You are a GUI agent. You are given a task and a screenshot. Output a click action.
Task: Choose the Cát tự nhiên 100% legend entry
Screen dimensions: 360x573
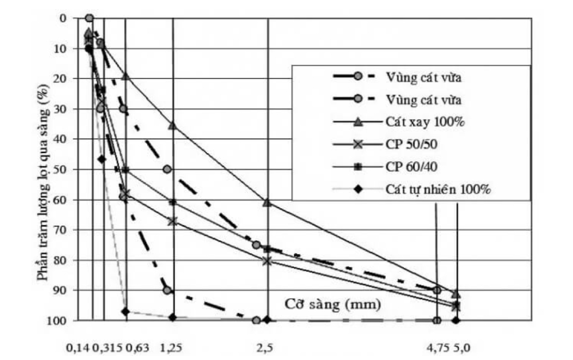[x=438, y=189]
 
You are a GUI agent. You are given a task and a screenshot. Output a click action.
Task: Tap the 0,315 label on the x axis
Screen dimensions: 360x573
[x=108, y=347]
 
